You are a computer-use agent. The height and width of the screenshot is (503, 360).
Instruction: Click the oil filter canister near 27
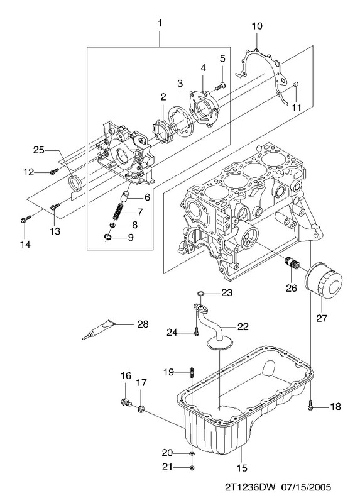point(324,280)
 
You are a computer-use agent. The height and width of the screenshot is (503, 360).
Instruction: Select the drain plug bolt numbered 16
point(126,402)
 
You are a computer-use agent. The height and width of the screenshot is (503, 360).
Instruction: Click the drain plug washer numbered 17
point(141,409)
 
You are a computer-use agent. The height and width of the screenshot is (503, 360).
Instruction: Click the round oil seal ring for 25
point(75,183)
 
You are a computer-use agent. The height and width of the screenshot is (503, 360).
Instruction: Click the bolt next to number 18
point(310,405)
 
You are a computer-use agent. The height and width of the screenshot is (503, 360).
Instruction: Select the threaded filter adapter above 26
point(292,265)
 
